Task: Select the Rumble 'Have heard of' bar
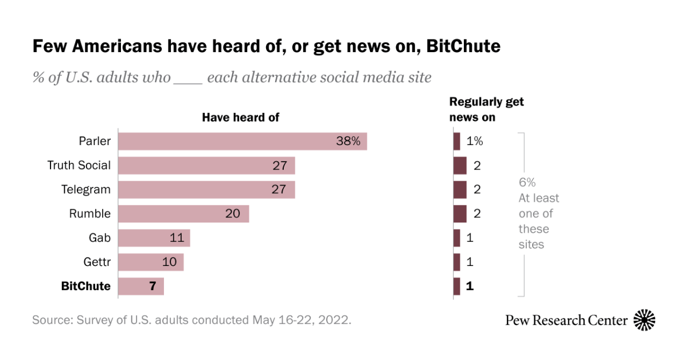click(183, 214)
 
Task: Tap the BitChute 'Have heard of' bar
click(141, 286)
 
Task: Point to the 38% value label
click(348, 142)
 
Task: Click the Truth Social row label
click(79, 166)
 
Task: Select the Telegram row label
click(86, 190)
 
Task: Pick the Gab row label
click(100, 238)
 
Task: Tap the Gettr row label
click(97, 262)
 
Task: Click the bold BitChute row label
click(85, 286)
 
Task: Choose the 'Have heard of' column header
click(240, 118)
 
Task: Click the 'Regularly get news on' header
click(486, 109)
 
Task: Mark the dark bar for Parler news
click(456, 142)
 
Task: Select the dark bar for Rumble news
click(460, 214)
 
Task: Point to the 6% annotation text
click(527, 183)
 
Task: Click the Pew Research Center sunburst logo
click(644, 320)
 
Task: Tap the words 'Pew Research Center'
click(566, 320)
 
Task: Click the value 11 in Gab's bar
click(178, 238)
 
